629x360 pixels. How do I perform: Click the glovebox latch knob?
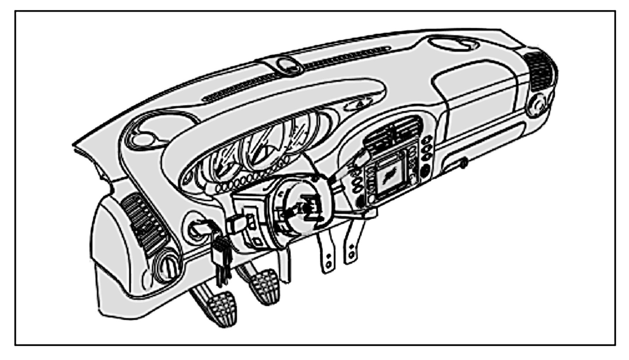[464, 163]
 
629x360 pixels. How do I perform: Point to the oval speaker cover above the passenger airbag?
[451, 45]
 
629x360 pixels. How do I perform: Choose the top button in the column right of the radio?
[428, 139]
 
